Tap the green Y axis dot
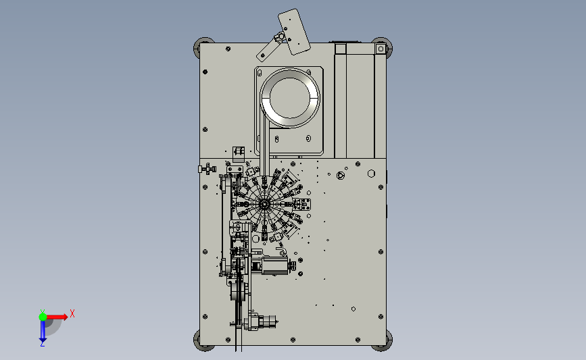(43, 317)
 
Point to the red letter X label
(72, 313)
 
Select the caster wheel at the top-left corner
(203, 47)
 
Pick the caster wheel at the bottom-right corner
(383, 341)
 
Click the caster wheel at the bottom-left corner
(203, 341)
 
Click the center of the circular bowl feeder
(290, 97)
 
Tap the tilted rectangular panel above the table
(294, 32)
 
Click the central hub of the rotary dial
(264, 204)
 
